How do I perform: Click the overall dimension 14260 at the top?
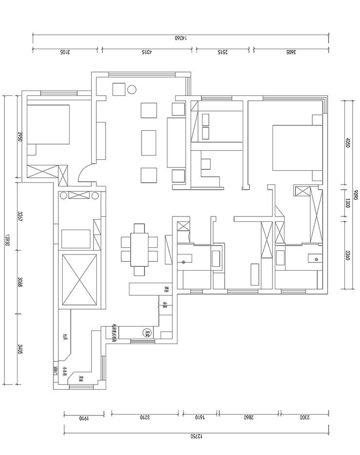pos(180,38)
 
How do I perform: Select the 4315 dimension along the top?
pos(147,53)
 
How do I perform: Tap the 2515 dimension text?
pos(224,53)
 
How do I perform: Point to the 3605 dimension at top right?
pos(290,53)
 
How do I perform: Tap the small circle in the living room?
pos(131,90)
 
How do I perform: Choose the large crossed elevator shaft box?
pos(78,280)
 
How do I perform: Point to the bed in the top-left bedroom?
pos(48,125)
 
